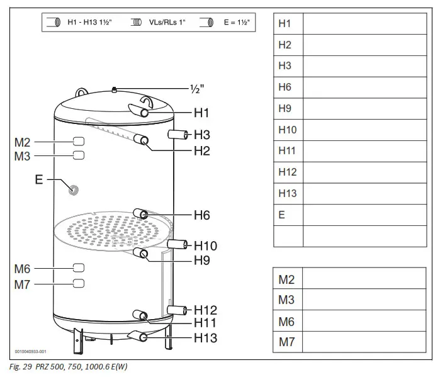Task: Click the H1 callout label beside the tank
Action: coord(201,114)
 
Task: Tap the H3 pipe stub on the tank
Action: coord(179,134)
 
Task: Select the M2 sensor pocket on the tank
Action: coord(78,141)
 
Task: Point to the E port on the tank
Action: coord(74,189)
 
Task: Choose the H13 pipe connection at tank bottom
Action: coord(144,337)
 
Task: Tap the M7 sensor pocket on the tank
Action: coord(78,283)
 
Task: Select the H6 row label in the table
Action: coord(284,87)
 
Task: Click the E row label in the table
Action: coord(282,215)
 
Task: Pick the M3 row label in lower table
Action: coord(286,300)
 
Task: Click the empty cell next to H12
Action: coord(364,172)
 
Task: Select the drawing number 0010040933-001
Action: coord(30,352)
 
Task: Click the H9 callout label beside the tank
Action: coord(201,260)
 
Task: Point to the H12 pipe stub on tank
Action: coord(179,309)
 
